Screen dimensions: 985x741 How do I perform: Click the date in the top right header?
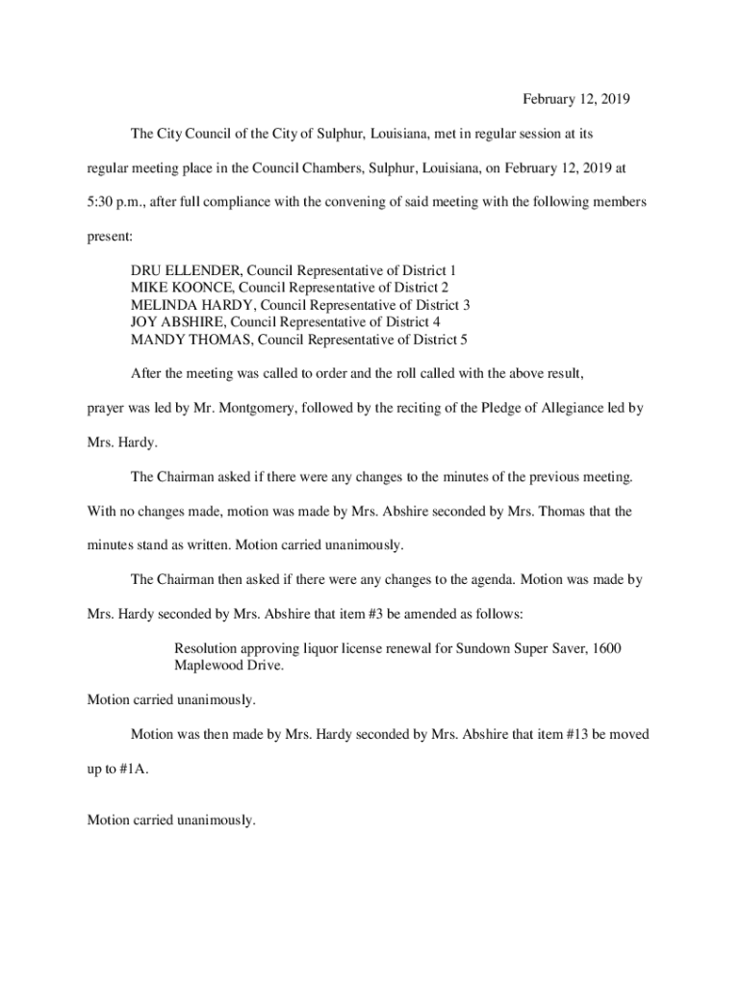click(575, 99)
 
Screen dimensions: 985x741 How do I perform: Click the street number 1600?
click(607, 648)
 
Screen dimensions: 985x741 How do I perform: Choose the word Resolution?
click(208, 648)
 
